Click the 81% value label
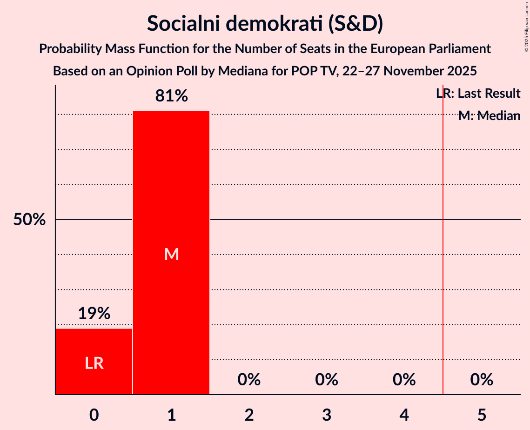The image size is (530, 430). [171, 96]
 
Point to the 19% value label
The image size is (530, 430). [94, 314]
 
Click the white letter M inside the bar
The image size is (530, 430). [171, 254]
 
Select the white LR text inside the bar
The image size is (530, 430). [94, 363]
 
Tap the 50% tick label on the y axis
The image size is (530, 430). [29, 220]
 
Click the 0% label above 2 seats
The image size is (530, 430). [249, 380]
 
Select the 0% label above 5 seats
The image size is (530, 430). [482, 380]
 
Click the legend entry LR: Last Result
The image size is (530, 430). [478, 94]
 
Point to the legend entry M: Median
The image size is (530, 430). [489, 116]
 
